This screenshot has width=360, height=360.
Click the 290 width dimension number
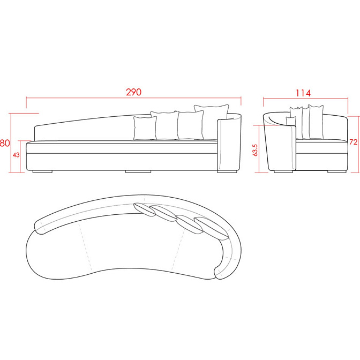[133, 92]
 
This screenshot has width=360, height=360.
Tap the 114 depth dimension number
[303, 93]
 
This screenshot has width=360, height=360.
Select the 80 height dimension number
[5, 143]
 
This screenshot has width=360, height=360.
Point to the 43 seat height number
[16, 155]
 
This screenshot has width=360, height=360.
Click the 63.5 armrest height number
[255, 150]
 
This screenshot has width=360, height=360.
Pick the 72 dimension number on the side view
[354, 142]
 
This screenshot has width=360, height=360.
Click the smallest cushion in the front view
[145, 128]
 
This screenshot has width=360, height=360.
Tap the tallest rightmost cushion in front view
[211, 122]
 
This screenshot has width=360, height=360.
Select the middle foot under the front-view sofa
[138, 171]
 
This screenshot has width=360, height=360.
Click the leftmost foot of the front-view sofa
[42, 171]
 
